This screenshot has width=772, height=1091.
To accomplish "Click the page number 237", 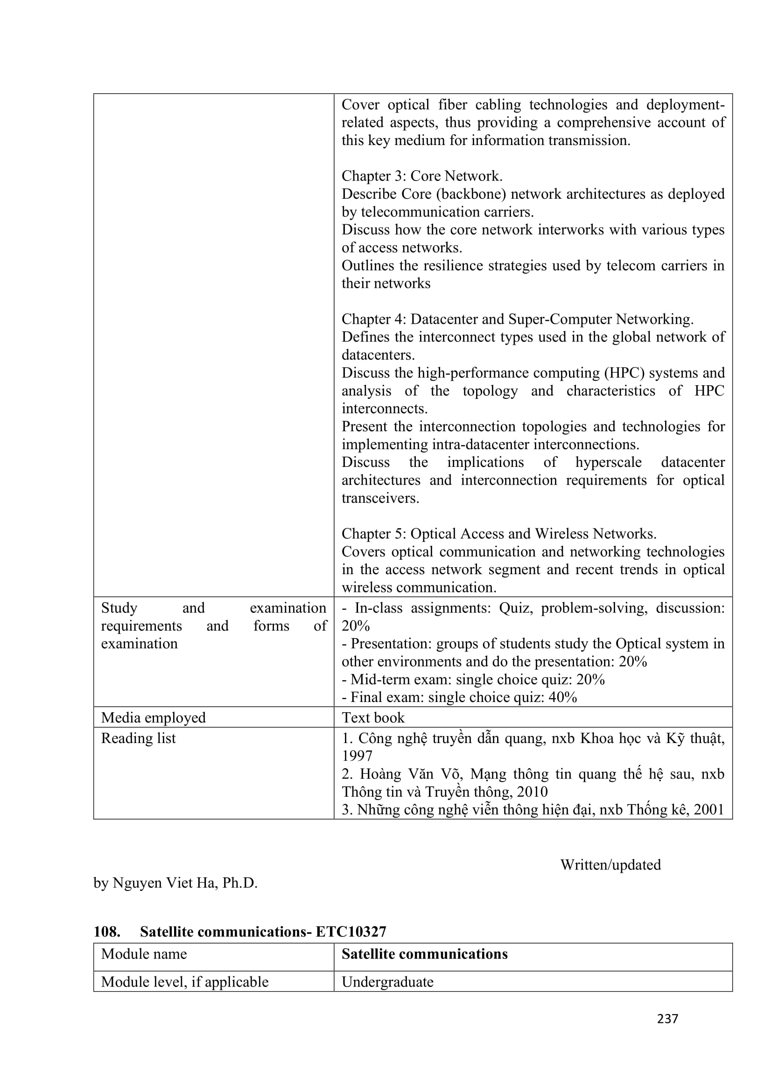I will (x=667, y=1019).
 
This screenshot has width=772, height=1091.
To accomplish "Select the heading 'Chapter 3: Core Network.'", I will (x=421, y=176).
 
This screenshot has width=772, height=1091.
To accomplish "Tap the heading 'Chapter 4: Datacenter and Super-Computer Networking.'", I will (x=517, y=320).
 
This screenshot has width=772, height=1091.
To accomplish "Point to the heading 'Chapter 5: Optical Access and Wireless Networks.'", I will (x=498, y=534).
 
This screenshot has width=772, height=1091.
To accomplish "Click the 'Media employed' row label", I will (x=153, y=717).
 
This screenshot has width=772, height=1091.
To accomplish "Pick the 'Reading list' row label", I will (x=138, y=738).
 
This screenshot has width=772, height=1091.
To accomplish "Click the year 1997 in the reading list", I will (x=357, y=756).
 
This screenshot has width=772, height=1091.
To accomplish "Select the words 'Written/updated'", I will (x=611, y=865).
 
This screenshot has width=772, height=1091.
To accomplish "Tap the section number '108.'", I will (x=107, y=932).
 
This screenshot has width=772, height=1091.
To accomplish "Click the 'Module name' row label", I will (x=144, y=954).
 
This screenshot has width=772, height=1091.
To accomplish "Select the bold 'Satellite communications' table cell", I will (x=424, y=954).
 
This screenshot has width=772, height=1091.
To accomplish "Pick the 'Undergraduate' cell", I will (x=387, y=982).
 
